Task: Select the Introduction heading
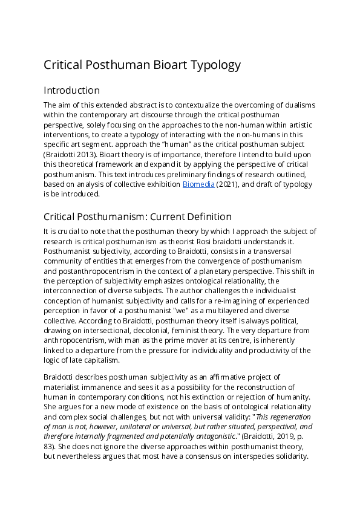pyautogui.click(x=71, y=90)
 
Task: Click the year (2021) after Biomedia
pyautogui.click(x=224, y=184)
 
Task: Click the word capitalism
pyautogui.click(x=95, y=360)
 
